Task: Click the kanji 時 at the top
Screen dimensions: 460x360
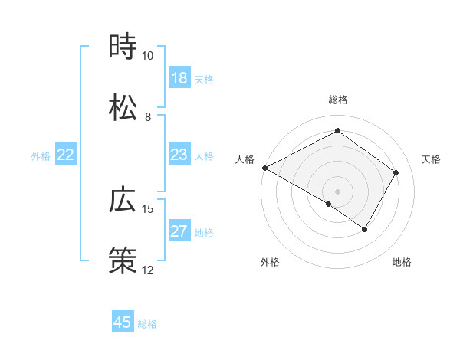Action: [123, 47]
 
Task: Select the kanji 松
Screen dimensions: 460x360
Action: [123, 108]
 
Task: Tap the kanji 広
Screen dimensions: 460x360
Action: [123, 200]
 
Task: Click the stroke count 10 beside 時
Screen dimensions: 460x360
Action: [147, 56]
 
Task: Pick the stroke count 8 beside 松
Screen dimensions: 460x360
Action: [147, 117]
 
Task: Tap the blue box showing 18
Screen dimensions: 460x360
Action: [179, 78]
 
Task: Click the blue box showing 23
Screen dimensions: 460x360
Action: [179, 155]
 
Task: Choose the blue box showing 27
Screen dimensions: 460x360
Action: [179, 231]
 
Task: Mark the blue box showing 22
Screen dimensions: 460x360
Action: [66, 155]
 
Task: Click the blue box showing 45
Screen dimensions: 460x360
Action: [123, 322]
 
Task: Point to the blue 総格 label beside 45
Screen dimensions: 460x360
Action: [147, 324]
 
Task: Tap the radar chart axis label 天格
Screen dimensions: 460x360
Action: [431, 159]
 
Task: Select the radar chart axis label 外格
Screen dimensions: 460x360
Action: [270, 262]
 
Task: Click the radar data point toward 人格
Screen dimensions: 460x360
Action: [264, 167]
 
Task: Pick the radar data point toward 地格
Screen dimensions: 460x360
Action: [365, 229]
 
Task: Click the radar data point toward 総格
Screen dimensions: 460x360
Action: [337, 131]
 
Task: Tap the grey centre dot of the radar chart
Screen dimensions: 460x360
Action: [337, 191]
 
